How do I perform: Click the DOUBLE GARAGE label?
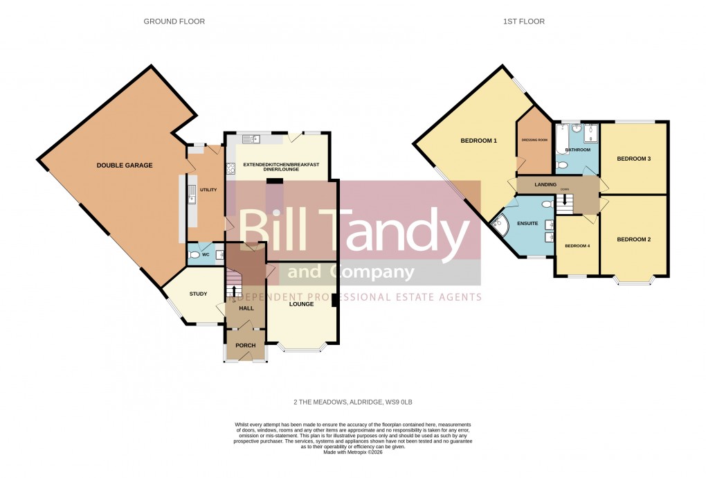click(x=125, y=166)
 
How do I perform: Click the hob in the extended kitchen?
click(x=229, y=168)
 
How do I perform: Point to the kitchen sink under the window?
click(x=253, y=139)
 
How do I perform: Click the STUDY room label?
click(x=199, y=294)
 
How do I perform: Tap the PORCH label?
click(x=246, y=346)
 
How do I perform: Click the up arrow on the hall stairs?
click(x=235, y=291)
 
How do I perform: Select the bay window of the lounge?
click(x=301, y=348)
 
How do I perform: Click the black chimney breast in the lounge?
click(x=334, y=300)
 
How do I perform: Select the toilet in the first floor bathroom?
click(x=562, y=166)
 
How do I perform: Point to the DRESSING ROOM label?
click(x=534, y=140)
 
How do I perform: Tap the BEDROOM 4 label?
click(x=577, y=246)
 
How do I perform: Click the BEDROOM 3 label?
click(x=633, y=159)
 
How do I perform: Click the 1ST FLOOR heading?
click(x=523, y=21)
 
